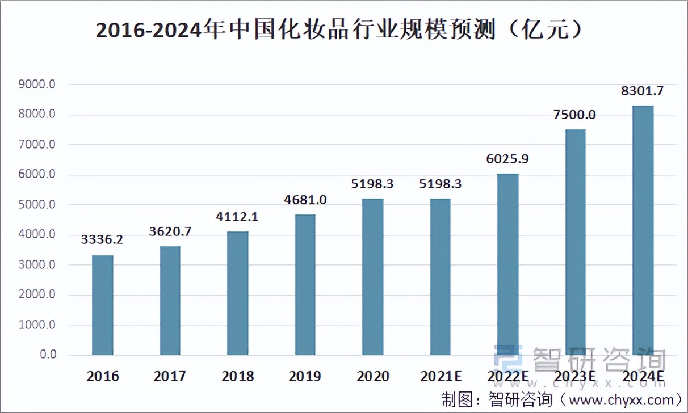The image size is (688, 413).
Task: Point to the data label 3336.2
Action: tap(102, 239)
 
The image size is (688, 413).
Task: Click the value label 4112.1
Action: tap(237, 216)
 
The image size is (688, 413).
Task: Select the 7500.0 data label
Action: tap(575, 115)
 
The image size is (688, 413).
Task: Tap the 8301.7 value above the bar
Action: tap(643, 91)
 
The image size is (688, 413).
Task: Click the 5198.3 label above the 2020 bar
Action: tap(372, 184)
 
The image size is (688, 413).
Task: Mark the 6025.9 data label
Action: tap(507, 159)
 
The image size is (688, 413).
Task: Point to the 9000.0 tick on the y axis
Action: tap(36, 85)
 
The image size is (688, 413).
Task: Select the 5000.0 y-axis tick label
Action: tap(36, 205)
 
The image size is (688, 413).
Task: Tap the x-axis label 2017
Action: tap(170, 376)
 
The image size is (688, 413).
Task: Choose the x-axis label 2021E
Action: tap(440, 376)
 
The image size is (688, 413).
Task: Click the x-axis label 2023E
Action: tap(575, 376)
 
